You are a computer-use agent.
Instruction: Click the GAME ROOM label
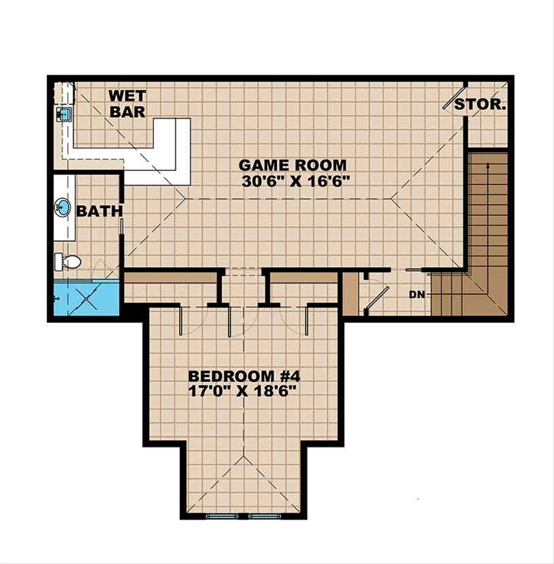point(293,165)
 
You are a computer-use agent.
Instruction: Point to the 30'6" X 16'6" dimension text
point(293,181)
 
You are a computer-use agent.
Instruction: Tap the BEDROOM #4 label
point(243,376)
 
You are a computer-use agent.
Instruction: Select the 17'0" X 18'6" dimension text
point(243,391)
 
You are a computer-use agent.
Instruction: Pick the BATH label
point(99,211)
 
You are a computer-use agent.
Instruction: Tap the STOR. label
point(480,104)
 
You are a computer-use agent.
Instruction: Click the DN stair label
point(416,294)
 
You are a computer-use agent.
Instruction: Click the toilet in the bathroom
point(68,262)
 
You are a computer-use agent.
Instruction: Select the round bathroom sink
point(63,206)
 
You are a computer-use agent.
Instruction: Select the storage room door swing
point(454,97)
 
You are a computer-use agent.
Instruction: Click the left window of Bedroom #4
point(222,516)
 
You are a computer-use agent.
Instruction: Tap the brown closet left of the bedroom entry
point(170,278)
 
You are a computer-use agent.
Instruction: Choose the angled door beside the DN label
point(377,299)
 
